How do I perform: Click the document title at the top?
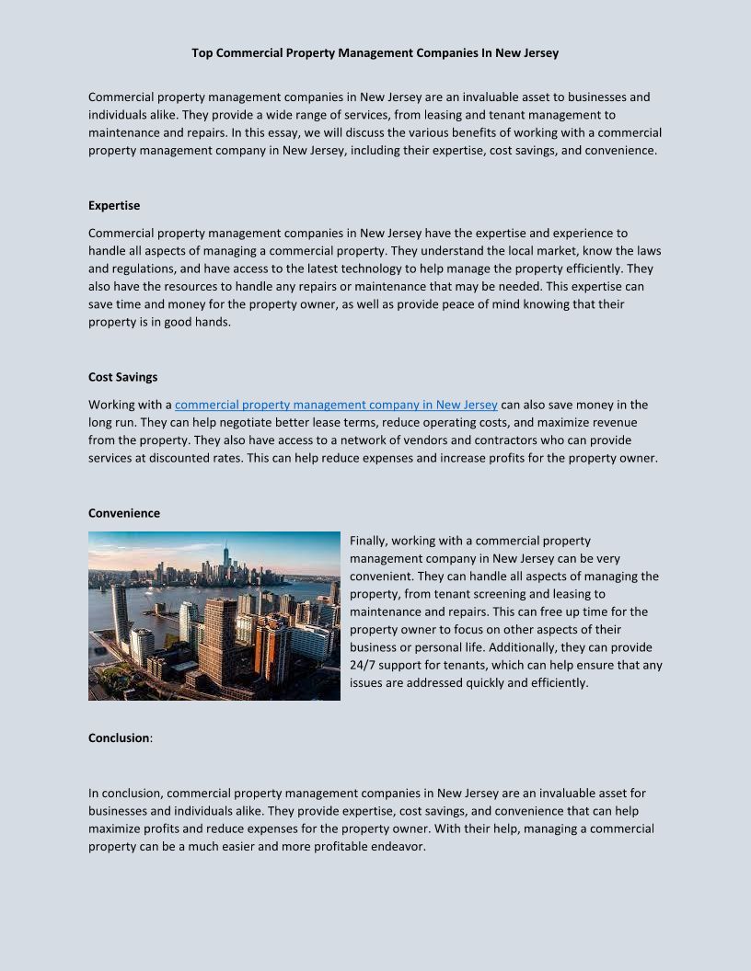pos(375,53)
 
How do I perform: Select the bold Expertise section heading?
pos(114,205)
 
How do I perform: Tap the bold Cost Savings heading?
pos(123,376)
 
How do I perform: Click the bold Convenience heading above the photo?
pos(124,513)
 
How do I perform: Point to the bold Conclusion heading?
pos(119,737)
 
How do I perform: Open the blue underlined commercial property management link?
pos(336,405)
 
